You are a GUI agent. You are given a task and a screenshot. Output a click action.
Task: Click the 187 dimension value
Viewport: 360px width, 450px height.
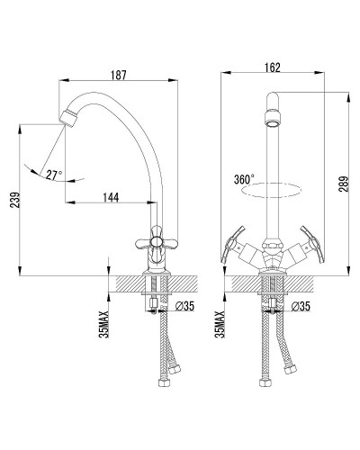tap(119, 75)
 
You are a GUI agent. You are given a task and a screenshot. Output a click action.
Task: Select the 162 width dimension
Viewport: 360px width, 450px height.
tap(273, 67)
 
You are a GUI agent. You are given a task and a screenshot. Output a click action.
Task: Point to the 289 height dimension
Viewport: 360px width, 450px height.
tap(345, 184)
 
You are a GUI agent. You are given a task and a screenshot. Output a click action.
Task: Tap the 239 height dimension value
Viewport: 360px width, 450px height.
tap(15, 200)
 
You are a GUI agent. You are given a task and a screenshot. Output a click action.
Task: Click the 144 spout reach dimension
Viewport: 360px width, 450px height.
tap(111, 197)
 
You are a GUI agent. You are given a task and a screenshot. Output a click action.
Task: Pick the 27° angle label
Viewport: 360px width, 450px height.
tap(54, 175)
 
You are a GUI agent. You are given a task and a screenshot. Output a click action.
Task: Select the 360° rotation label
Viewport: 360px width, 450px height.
tap(244, 179)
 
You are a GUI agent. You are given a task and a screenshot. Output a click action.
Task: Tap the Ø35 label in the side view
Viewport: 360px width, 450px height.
tap(185, 306)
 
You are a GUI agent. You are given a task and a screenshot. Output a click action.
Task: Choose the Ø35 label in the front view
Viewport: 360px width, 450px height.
tap(301, 306)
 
